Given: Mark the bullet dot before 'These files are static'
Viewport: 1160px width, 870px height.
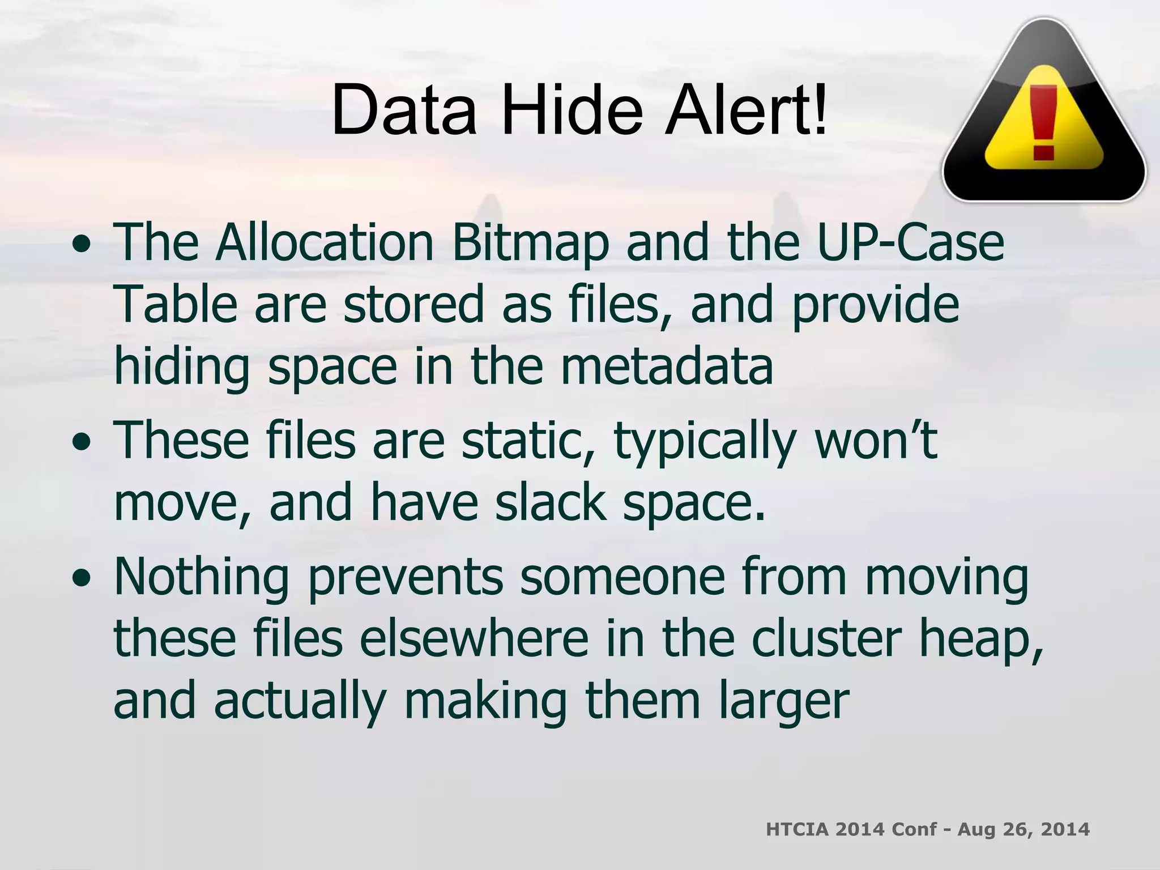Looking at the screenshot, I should click(x=82, y=444).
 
